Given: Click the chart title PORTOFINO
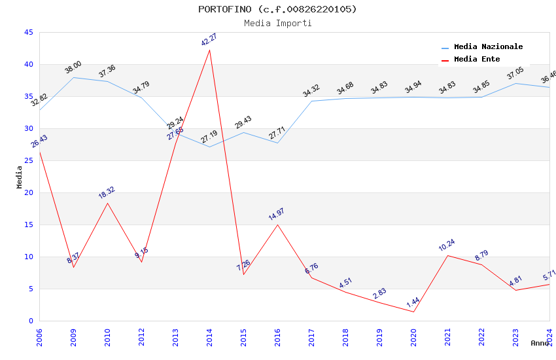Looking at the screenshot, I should tap(277, 9).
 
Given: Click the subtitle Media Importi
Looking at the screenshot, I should tap(277, 23).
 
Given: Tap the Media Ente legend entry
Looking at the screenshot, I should tap(477, 60).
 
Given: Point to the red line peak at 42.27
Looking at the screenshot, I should tap(209, 50).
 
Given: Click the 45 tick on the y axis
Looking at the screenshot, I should tap(28, 32).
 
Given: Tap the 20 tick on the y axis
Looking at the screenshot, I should tap(28, 192).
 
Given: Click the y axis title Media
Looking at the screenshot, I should tap(20, 177).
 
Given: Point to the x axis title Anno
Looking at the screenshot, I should tap(540, 343).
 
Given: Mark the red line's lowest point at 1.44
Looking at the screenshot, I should tap(413, 312).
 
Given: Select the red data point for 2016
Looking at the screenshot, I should tap(277, 225).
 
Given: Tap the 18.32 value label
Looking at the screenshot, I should tap(107, 192).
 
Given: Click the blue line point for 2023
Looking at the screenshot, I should tap(515, 83).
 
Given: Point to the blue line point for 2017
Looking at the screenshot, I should tap(311, 101).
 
